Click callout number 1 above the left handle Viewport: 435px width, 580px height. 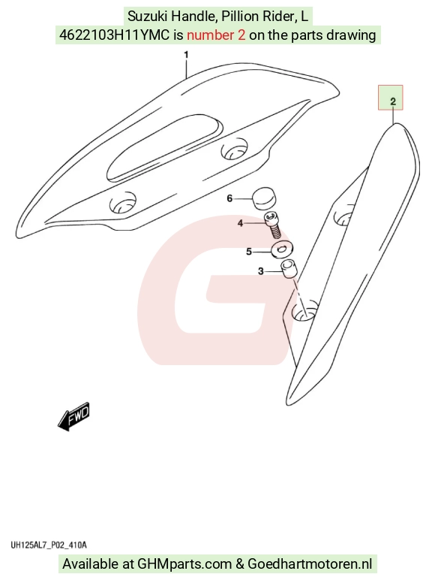[186, 55]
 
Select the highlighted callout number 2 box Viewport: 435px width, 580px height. [390, 98]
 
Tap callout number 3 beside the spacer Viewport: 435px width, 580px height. [261, 271]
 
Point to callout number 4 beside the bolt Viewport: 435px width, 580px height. [241, 223]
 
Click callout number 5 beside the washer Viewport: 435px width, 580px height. [249, 252]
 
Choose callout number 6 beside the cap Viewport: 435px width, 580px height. [229, 198]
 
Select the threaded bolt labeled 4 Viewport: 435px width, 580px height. [272, 225]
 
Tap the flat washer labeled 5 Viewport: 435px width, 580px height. [282, 249]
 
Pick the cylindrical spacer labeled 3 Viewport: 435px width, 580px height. [289, 269]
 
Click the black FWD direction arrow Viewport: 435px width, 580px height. [73, 416]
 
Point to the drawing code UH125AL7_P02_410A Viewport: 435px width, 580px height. [48, 545]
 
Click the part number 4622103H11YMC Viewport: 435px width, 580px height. [115, 35]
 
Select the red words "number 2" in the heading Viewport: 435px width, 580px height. [216, 35]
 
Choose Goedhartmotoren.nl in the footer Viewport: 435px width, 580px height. [310, 564]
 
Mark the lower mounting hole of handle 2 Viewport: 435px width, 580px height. [305, 311]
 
